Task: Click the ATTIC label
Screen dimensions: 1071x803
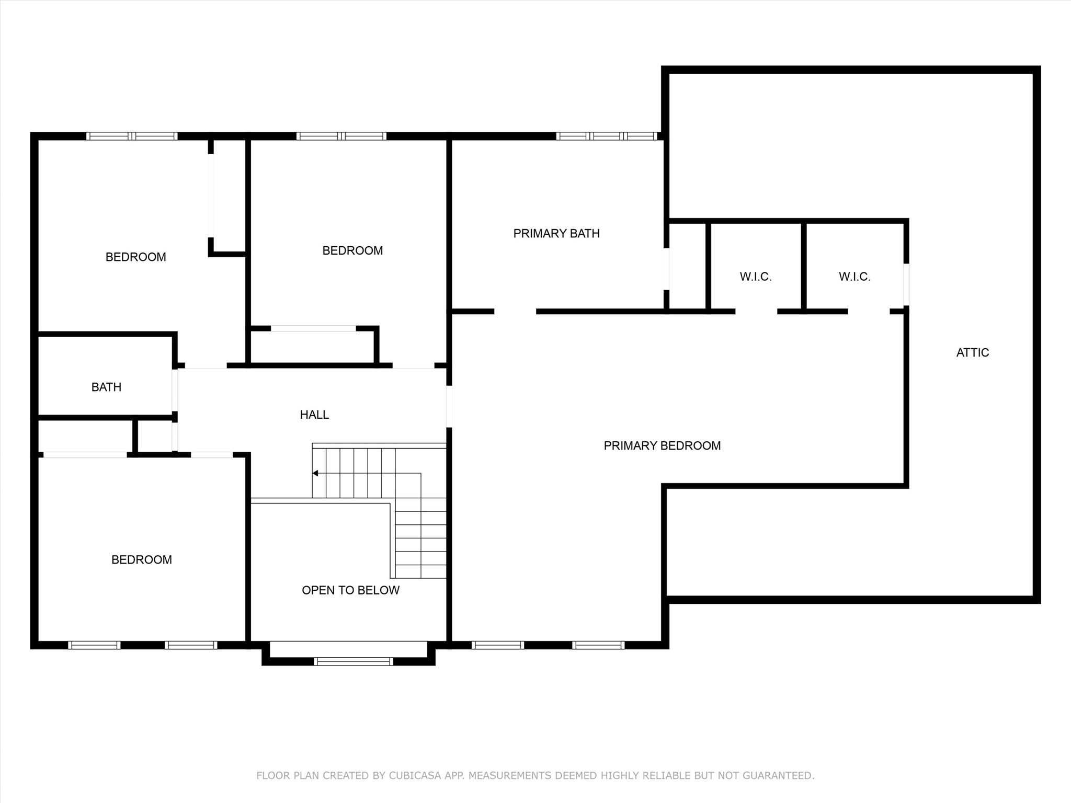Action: tap(973, 353)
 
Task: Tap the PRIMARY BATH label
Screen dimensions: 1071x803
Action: tap(556, 234)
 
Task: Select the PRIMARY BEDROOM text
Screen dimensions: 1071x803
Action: tap(662, 446)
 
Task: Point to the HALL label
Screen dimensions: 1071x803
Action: tap(314, 415)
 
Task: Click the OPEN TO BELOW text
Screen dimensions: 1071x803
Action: tap(350, 590)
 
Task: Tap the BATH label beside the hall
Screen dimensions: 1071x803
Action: tap(106, 387)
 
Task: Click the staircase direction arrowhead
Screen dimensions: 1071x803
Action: tap(315, 473)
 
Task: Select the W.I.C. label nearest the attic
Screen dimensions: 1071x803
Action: tap(854, 277)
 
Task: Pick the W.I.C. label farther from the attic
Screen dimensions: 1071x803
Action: tap(756, 277)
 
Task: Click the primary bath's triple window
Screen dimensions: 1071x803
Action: tap(607, 136)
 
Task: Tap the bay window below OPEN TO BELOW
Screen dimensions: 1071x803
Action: tap(354, 661)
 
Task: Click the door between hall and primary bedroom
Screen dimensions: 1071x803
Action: tap(449, 407)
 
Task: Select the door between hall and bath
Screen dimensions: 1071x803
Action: tap(175, 390)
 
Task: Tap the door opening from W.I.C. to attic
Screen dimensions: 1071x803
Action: tap(906, 284)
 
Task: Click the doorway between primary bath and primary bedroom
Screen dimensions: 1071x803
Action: tap(515, 312)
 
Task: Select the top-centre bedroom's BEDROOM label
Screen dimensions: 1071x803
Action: tap(352, 251)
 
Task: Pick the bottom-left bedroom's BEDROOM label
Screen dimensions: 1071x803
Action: tap(142, 560)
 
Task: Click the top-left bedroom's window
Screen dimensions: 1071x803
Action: tap(132, 136)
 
